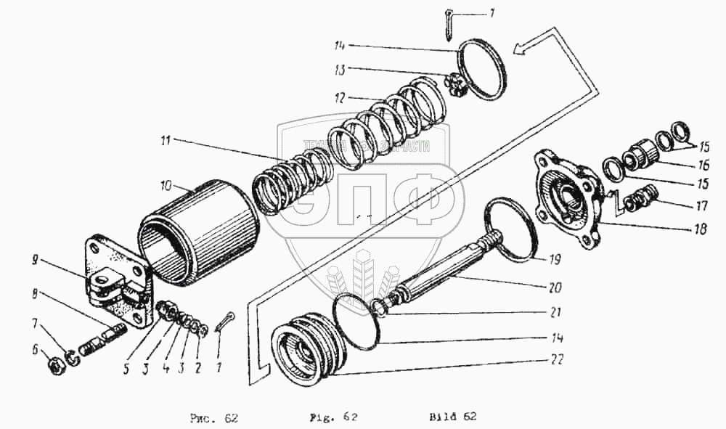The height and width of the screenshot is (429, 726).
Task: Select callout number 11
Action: point(165,139)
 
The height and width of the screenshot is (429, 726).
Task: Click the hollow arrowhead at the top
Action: point(522,49)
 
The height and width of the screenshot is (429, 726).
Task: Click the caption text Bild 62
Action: point(452,417)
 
